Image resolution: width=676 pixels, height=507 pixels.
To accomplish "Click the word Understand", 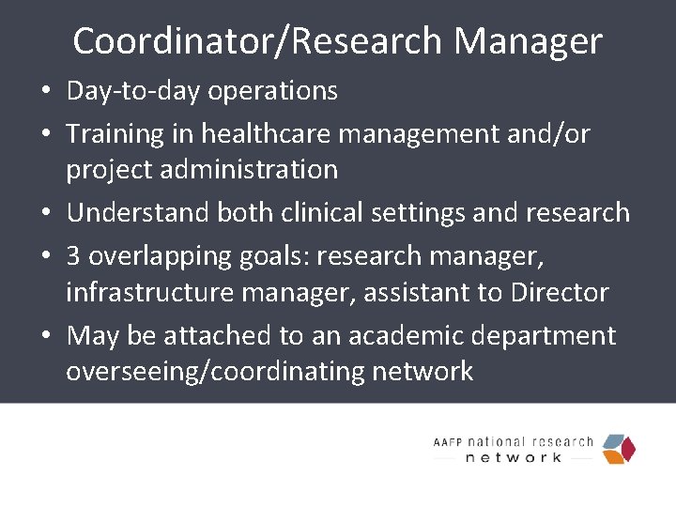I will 138,213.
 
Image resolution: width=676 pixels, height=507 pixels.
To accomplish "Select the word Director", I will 560,292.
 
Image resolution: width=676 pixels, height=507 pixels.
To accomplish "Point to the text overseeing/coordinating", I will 215,372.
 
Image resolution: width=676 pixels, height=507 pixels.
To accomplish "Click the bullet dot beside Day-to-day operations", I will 46,92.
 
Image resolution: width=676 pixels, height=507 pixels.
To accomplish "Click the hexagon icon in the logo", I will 618,449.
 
